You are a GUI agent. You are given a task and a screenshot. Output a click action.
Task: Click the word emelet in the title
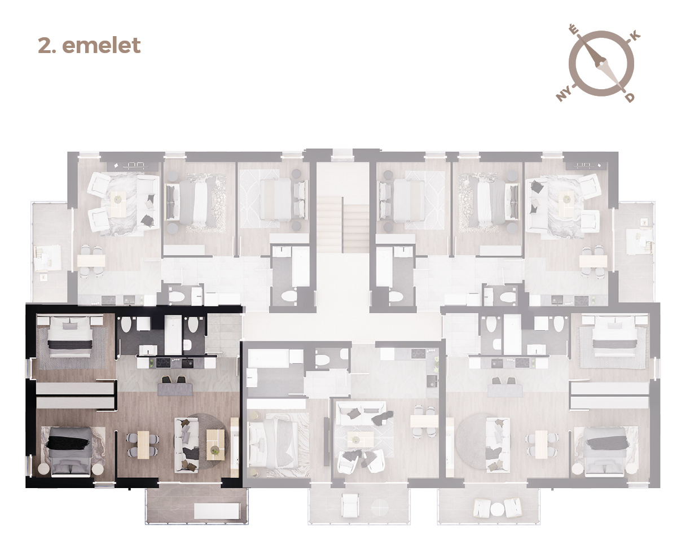pyautogui.click(x=101, y=45)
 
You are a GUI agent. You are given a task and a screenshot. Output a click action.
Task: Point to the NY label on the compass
pyautogui.click(x=564, y=94)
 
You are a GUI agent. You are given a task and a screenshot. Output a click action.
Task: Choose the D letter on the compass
pyautogui.click(x=630, y=97)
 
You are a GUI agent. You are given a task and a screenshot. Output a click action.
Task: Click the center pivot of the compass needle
pyautogui.click(x=599, y=64)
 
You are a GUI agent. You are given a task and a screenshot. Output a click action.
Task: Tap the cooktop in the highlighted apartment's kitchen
pyautogui.click(x=164, y=363)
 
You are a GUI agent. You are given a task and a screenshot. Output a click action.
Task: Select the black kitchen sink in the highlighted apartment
pyautogui.click(x=187, y=363)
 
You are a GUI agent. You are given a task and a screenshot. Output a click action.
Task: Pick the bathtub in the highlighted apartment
pyautogui.click(x=173, y=335)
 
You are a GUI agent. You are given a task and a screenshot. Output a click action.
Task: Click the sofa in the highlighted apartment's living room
pyautogui.click(x=186, y=445)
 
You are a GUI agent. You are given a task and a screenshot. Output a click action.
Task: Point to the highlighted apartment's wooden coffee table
pyautogui.click(x=216, y=445)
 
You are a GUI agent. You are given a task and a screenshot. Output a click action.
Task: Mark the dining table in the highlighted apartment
pyautogui.click(x=143, y=445)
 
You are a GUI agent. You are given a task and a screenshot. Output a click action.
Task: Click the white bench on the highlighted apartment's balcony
pyautogui.click(x=217, y=511)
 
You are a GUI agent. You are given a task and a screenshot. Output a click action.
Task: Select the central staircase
pyautogui.click(x=342, y=225)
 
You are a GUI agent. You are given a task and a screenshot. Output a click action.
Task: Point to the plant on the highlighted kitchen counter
pyautogui.click(x=151, y=363)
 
